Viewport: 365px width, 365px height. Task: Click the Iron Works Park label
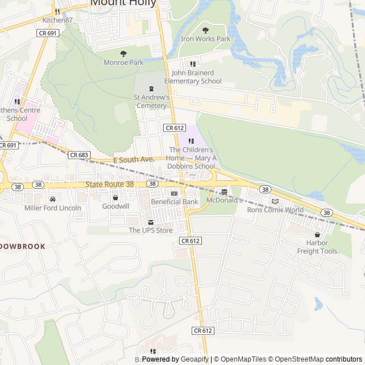click(x=205, y=39)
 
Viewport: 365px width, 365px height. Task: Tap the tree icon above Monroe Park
click(x=123, y=54)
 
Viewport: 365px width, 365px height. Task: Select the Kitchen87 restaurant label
click(x=58, y=20)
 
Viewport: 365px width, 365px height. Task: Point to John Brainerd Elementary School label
click(x=193, y=77)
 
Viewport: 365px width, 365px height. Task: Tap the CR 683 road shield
click(x=79, y=155)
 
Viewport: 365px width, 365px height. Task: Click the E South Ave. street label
click(x=134, y=160)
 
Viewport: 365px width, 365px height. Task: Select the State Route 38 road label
click(x=109, y=184)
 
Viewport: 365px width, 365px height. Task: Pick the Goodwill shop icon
click(x=116, y=197)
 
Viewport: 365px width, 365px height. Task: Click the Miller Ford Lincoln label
click(x=53, y=208)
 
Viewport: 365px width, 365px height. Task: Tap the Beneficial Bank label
click(x=175, y=202)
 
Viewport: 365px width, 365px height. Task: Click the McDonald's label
click(x=224, y=201)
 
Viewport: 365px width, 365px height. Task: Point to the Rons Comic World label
click(x=275, y=209)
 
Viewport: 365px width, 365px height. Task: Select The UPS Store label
click(x=150, y=230)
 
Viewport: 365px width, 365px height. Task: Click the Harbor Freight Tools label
click(x=317, y=247)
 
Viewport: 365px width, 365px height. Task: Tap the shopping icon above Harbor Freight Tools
click(x=317, y=234)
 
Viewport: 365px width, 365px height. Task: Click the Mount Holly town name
click(x=123, y=3)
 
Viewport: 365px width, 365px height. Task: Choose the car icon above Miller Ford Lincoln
click(x=53, y=199)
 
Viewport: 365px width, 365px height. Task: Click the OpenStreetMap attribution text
click(x=296, y=359)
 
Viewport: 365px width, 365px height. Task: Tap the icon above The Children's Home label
click(x=191, y=141)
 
